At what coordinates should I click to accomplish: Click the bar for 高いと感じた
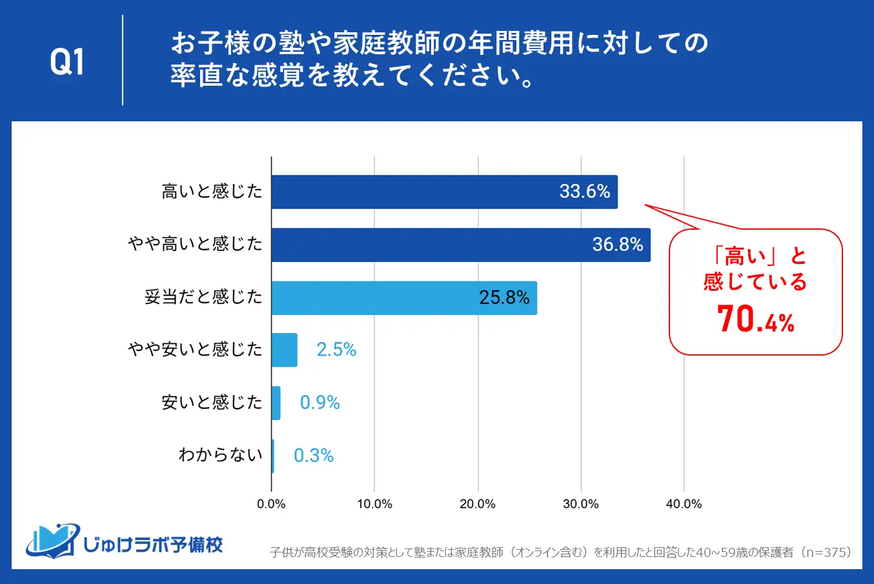point(444,192)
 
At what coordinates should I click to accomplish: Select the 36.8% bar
point(461,245)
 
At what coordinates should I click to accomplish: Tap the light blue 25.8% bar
point(404,297)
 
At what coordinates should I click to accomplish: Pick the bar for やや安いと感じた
point(284,350)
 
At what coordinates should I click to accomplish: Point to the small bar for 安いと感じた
point(276,403)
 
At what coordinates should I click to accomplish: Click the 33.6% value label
point(584,192)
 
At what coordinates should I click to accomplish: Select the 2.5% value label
point(336,350)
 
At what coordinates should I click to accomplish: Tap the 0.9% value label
point(320,403)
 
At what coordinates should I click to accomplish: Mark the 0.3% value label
point(314,456)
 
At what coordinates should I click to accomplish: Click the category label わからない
point(220,455)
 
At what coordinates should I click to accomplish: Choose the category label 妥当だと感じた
point(203,297)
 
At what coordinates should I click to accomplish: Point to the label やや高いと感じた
point(195,244)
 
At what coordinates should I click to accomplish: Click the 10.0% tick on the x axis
point(374,504)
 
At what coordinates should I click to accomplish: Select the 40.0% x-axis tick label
point(684,504)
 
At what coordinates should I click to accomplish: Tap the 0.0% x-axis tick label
point(271,504)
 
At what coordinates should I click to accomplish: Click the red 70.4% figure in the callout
point(755,319)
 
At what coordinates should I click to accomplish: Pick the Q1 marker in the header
point(67,62)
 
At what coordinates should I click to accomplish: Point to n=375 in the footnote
point(828,552)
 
